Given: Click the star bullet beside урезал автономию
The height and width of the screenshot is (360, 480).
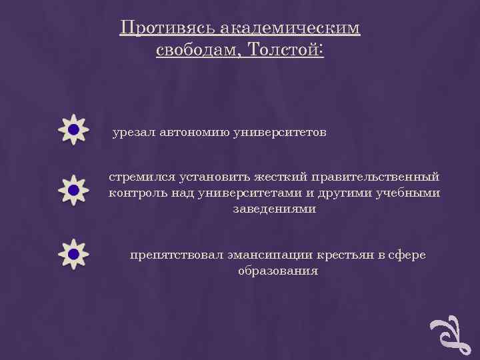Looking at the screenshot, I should coord(73,129).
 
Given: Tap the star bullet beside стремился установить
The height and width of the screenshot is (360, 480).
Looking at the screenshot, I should coord(73,191).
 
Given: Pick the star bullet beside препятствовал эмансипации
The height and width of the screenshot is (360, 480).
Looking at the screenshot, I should coord(73,254).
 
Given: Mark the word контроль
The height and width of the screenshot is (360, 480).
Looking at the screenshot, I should coord(136,193).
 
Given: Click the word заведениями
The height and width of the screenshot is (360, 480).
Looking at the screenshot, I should coord(274,209).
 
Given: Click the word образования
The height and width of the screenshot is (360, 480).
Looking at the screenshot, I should coord(277,271).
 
